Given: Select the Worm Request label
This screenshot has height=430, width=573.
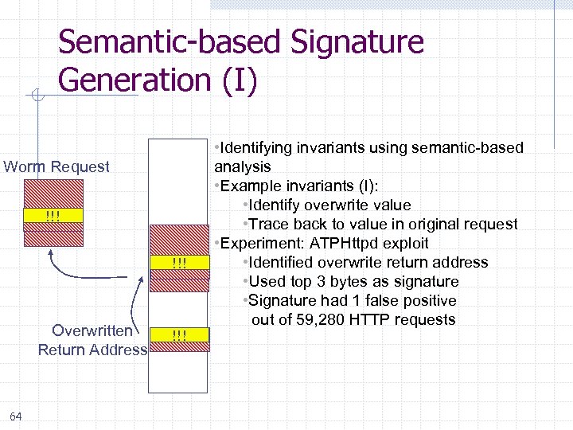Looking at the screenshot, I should (57, 166).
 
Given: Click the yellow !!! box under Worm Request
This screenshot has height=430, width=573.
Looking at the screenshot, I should (53, 216).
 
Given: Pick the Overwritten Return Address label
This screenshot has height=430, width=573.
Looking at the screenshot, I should (92, 340).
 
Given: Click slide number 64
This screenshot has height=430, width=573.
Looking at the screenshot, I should (16, 416).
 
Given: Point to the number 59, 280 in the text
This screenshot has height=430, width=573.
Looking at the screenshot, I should (318, 320).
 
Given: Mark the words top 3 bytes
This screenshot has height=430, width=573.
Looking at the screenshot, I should (328, 282).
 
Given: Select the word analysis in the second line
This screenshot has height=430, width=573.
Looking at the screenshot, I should (243, 166).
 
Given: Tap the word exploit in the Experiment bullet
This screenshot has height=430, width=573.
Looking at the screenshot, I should (407, 244).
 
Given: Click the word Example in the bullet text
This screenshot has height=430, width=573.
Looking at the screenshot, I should (249, 186).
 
